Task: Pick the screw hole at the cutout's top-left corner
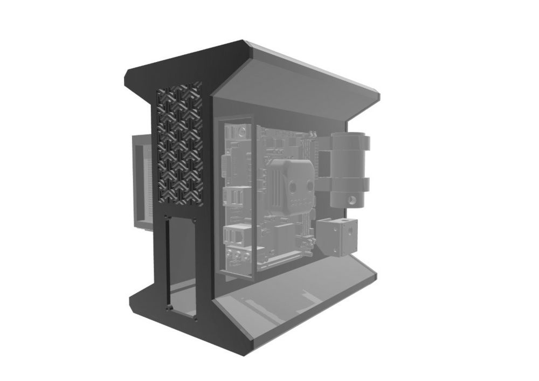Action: pyautogui.click(x=168, y=218)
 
